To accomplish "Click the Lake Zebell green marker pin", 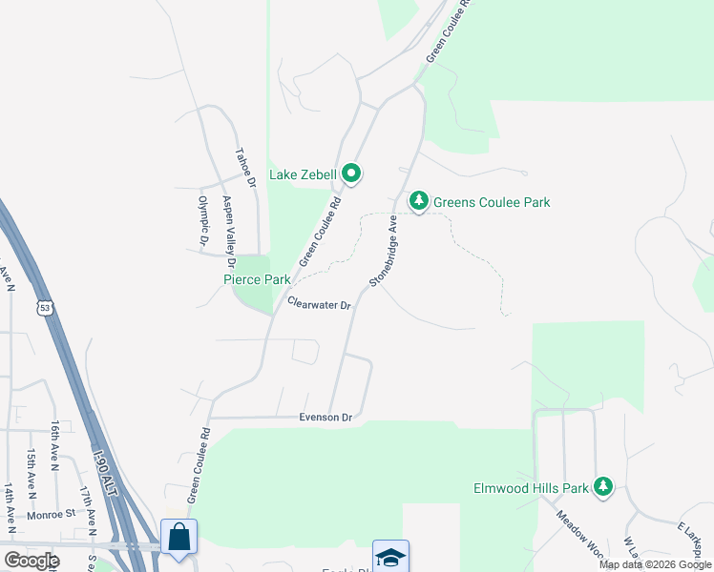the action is [x=351, y=174].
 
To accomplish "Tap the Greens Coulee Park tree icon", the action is [x=418, y=201].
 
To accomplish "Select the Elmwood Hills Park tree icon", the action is [x=602, y=487].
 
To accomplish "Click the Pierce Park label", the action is [x=257, y=280].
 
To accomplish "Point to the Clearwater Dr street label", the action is [x=320, y=304].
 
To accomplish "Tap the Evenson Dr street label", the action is [x=325, y=417].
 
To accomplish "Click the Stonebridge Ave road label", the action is [x=384, y=252].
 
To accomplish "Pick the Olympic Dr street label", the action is [x=202, y=220].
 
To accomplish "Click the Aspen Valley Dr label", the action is [x=228, y=230].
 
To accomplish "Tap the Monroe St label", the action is [x=52, y=513].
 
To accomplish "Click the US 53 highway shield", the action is [x=45, y=306].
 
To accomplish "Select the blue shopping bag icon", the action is [x=178, y=537].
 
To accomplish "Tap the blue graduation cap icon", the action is [x=390, y=557].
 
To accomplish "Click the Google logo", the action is [x=31, y=560].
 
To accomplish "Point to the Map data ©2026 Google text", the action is [x=655, y=564].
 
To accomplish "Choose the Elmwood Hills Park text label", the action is [x=532, y=488].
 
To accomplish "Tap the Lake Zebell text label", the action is [x=303, y=174].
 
